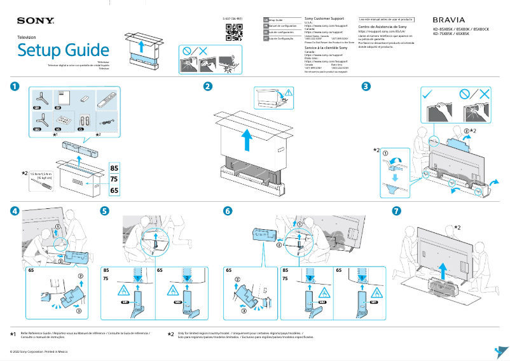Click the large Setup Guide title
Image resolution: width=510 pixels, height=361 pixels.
point(63,50)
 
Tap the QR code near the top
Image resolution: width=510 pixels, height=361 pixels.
point(235,34)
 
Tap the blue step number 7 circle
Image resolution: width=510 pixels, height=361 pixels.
point(397,211)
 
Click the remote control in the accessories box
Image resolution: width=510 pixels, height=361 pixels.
point(107,99)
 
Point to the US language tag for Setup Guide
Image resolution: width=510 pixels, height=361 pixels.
point(266,20)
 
